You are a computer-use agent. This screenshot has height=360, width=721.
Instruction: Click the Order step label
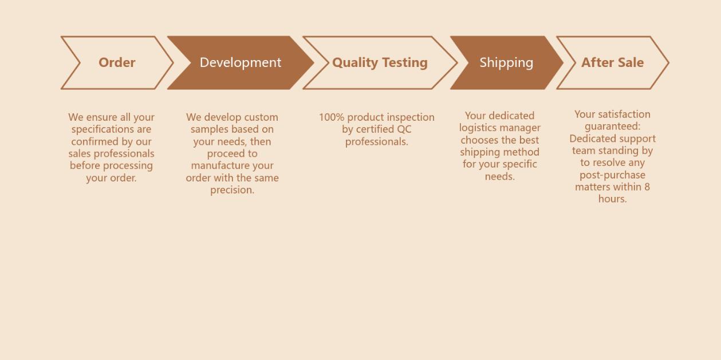pyautogui.click(x=117, y=62)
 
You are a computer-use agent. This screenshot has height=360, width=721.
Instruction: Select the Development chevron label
pyautogui.click(x=241, y=62)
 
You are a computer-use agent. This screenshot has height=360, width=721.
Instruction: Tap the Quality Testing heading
pyautogui.click(x=380, y=62)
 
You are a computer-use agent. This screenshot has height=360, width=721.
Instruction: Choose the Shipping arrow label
pyautogui.click(x=506, y=62)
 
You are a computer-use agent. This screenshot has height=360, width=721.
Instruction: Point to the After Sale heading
pyautogui.click(x=612, y=62)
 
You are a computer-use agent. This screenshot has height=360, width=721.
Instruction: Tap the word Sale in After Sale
pyautogui.click(x=630, y=62)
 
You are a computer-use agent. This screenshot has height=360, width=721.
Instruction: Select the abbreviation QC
pyautogui.click(x=404, y=129)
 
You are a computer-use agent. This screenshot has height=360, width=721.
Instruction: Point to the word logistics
pyautogui.click(x=479, y=128)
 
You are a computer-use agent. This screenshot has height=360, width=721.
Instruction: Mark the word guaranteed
pyautogui.click(x=612, y=126)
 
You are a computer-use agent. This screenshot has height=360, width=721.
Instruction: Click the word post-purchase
pyautogui.click(x=612, y=175)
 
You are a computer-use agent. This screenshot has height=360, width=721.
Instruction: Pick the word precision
pyautogui.click(x=232, y=190)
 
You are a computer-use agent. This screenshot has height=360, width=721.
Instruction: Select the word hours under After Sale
pyautogui.click(x=612, y=199)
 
